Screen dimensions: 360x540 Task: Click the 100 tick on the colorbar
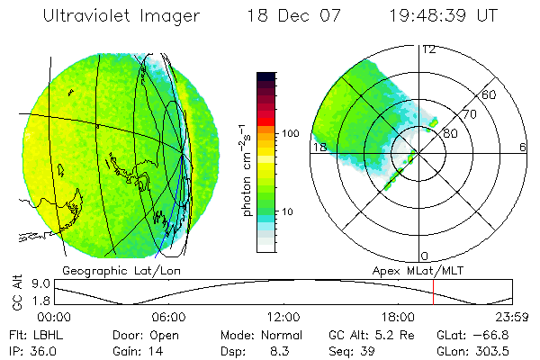(x=292, y=132)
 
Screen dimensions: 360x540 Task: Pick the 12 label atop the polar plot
(x=428, y=49)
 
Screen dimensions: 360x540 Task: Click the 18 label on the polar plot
(x=318, y=147)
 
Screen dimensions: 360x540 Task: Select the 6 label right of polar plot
(x=523, y=147)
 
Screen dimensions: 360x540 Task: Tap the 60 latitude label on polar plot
(x=490, y=94)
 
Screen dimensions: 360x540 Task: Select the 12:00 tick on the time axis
(x=283, y=317)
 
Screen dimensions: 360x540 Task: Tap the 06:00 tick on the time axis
(x=168, y=317)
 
